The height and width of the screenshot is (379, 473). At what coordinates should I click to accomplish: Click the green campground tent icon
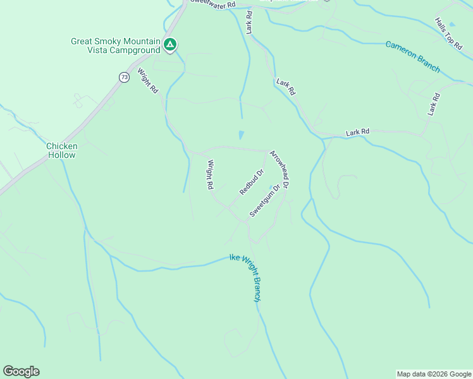pos(169,44)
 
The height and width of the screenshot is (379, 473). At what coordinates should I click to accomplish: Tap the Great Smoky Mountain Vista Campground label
pos(115,47)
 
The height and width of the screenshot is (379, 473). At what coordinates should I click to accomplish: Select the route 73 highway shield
pos(124,76)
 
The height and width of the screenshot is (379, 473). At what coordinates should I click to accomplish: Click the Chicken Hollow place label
pos(62,150)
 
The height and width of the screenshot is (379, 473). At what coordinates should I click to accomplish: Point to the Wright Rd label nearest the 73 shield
pos(147,81)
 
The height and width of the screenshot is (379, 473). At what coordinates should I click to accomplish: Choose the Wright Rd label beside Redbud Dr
pos(209,175)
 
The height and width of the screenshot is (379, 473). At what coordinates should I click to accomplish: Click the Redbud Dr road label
pos(251,182)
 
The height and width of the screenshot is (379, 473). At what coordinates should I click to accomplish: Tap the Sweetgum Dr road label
pos(264,201)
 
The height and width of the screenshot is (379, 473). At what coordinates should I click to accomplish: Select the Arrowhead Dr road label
pos(279,169)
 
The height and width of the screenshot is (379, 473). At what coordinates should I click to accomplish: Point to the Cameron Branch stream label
pos(413,57)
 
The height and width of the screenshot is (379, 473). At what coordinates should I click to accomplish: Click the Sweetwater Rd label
pos(212,4)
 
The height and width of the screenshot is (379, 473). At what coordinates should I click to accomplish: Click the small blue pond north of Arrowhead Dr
pos(240,135)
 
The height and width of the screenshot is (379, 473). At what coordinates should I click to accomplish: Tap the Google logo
pos(21,371)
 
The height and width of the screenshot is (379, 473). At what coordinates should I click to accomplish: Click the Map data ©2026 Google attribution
pos(433,374)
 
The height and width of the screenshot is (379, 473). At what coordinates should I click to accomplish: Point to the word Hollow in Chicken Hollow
pos(62,155)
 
